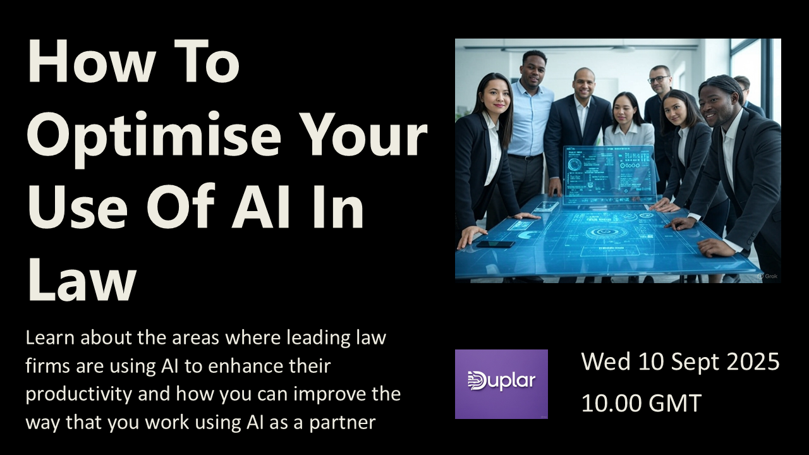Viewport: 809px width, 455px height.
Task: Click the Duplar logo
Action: [501, 384]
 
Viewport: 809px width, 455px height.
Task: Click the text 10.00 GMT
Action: [642, 403]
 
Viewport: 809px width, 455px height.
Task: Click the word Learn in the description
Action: [50, 337]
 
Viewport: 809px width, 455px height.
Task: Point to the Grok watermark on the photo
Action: [767, 276]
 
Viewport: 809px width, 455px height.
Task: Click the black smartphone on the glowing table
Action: [495, 244]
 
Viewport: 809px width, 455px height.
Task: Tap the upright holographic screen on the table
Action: [610, 174]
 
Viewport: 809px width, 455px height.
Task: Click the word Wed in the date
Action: [605, 361]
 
